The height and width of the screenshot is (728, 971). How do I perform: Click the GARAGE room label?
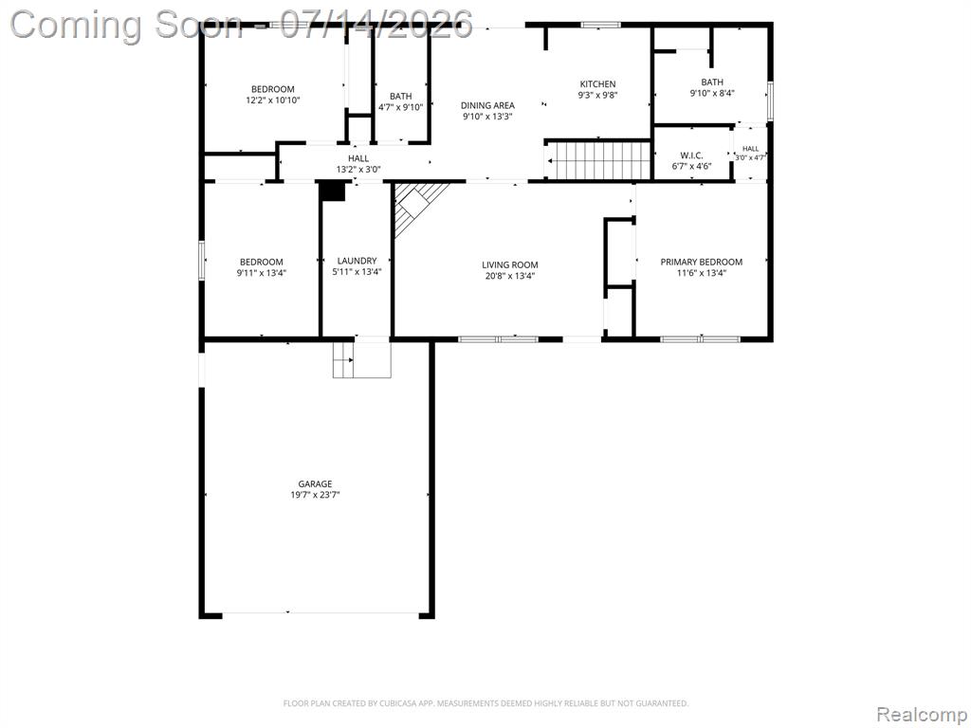point(315,483)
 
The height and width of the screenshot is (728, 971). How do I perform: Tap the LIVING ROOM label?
point(509,265)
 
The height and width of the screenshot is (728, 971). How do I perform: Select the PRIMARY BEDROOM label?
point(701,262)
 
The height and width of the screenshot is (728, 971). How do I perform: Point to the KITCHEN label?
point(597,84)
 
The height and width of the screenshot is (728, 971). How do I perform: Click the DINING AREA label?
point(487,105)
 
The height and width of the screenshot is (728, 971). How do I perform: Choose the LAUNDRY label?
point(357,261)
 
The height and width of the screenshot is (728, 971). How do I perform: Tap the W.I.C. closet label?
point(691,155)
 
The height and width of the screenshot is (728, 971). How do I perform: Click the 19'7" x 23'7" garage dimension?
point(315,495)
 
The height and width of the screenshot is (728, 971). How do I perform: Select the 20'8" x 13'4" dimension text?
point(509,276)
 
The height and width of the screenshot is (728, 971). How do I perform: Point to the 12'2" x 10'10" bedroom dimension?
point(272,100)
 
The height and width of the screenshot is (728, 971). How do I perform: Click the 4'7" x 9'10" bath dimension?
point(401,107)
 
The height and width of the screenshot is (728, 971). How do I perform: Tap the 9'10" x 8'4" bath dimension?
point(712,93)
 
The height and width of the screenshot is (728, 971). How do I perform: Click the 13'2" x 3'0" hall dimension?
point(357,169)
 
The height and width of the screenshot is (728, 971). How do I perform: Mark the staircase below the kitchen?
point(599,161)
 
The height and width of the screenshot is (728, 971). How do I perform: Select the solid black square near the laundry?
point(333,191)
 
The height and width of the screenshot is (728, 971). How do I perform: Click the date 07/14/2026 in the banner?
point(376,25)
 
